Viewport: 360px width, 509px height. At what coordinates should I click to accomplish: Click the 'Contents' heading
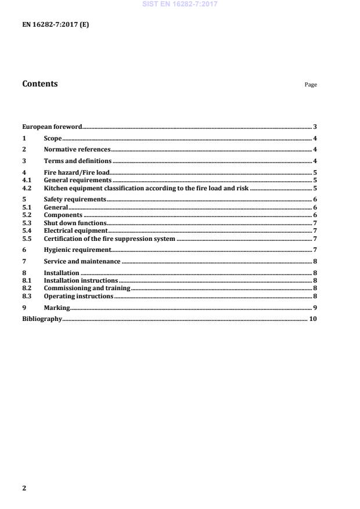point(39,84)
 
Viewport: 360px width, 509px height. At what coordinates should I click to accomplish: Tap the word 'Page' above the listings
point(311,85)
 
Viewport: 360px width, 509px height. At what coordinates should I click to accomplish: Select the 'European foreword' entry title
point(52,127)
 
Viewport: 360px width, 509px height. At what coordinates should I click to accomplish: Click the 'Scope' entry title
point(53,138)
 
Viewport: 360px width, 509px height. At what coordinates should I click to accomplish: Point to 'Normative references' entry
point(77,149)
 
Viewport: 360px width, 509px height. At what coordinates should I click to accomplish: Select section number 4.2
point(26,188)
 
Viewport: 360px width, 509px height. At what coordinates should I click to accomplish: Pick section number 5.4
point(26,230)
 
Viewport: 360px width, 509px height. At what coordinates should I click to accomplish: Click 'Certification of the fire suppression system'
point(109,239)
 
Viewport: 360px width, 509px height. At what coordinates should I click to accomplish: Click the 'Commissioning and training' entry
point(87,288)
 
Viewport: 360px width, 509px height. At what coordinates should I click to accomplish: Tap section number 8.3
point(26,296)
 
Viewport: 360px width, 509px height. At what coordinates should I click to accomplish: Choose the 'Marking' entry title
point(57,307)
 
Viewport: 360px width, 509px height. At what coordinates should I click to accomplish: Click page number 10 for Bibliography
point(313,319)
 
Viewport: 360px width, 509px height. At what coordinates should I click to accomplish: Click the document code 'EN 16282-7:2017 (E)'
point(56,25)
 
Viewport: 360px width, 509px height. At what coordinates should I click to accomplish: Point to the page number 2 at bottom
point(24,488)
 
